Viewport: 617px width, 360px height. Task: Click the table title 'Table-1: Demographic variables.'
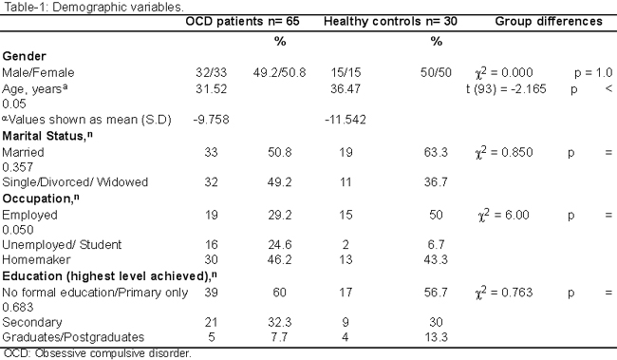[x=94, y=7]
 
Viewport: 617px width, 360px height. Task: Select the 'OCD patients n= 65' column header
[x=242, y=21]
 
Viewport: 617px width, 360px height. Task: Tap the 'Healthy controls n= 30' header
[x=390, y=21]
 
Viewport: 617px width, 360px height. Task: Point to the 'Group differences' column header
[x=549, y=21]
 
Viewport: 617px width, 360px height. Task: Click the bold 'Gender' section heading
[x=24, y=56]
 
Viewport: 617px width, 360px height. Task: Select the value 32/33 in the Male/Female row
[x=212, y=72]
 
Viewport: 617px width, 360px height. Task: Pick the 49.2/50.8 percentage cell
[x=279, y=72]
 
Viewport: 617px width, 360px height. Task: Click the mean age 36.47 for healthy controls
[x=346, y=88]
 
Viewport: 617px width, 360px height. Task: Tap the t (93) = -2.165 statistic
[x=506, y=89]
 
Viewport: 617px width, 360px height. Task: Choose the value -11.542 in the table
[x=346, y=120]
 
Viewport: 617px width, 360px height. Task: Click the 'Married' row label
[x=23, y=152]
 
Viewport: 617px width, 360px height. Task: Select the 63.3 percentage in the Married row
[x=436, y=152]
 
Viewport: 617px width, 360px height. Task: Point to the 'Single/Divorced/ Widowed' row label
[x=75, y=182]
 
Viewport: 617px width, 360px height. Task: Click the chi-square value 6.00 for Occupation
[x=504, y=215]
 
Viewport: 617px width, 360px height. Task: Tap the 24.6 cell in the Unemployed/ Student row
[x=280, y=245]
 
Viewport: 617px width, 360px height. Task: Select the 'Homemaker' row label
[x=36, y=259]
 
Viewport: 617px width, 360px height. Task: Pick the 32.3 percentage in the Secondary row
[x=280, y=322]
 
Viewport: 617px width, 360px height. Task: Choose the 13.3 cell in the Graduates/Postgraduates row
[x=436, y=337]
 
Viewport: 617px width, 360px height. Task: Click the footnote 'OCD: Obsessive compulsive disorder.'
[x=98, y=353]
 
